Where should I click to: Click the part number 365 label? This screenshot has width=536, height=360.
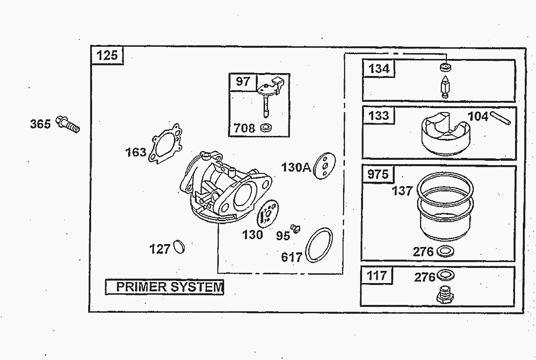(40, 124)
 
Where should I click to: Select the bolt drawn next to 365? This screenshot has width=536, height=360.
(68, 124)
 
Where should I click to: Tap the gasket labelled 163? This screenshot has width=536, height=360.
(165, 143)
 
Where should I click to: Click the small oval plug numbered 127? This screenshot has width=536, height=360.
(179, 247)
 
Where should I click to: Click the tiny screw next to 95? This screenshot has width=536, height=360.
(295, 228)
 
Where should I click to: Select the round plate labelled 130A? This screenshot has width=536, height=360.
(325, 166)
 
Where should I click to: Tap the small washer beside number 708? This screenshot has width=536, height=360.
(266, 128)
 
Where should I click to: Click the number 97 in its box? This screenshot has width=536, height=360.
(243, 82)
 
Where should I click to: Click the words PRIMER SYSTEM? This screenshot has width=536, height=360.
(170, 287)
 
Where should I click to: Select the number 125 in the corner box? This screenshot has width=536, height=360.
(107, 56)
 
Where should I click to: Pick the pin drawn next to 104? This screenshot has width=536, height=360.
(500, 117)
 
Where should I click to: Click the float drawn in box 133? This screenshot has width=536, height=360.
(445, 133)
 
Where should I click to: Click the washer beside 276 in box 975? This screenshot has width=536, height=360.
(445, 252)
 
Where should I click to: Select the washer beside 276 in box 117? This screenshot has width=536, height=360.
(445, 275)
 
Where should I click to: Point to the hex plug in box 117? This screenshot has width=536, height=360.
(445, 295)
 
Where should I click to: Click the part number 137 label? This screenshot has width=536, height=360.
(402, 190)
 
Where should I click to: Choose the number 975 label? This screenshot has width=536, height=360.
(378, 174)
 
